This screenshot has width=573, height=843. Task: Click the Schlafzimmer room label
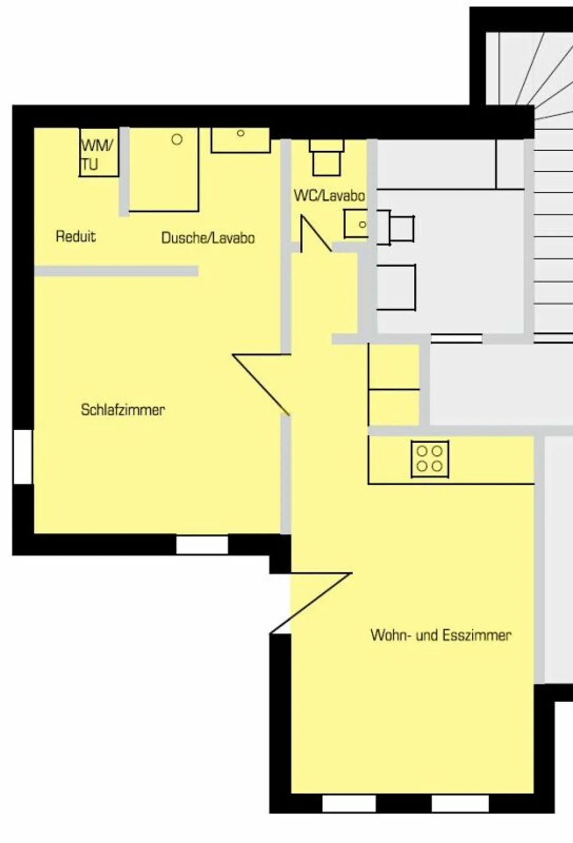123,410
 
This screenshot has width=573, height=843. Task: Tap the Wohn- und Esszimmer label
440,635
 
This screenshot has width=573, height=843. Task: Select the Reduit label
76,236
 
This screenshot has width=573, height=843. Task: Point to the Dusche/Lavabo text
208,238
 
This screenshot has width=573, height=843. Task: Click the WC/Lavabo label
329,195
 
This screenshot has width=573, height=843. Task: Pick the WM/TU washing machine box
99,152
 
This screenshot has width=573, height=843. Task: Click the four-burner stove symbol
430,459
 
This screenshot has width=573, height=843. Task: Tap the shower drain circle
177,139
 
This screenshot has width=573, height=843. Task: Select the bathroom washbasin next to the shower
240,140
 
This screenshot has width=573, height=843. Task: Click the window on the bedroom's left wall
23,457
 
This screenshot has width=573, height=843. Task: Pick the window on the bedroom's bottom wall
202,544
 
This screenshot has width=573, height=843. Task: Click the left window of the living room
349,803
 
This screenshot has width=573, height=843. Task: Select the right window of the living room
460,803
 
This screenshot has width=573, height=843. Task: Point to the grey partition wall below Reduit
116,271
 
